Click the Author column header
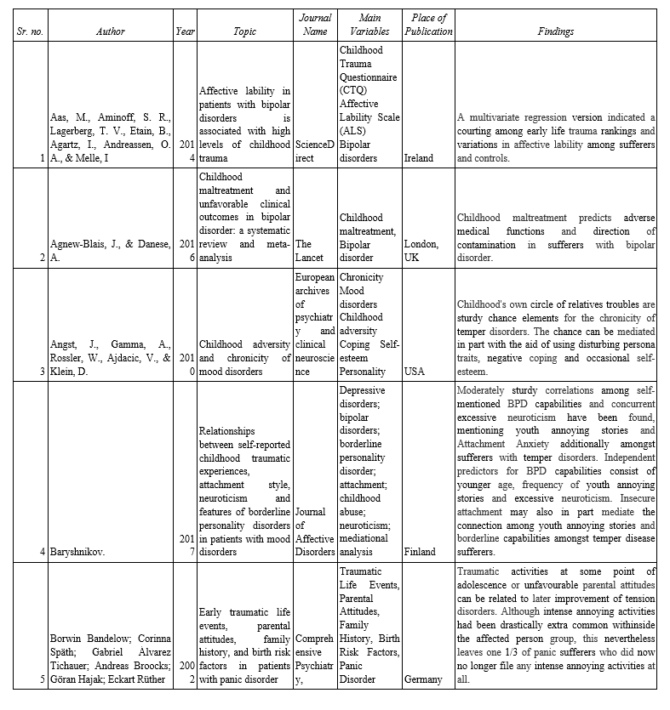click(110, 31)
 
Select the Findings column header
click(555, 31)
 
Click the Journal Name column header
click(314, 25)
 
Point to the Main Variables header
click(369, 25)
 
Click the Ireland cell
click(418, 158)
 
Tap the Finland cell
click(419, 551)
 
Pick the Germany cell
click(423, 679)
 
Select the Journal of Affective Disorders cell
click(314, 531)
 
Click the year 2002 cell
click(185, 673)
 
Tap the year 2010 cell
click(185, 365)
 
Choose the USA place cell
click(416, 372)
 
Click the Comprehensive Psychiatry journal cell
click(314, 660)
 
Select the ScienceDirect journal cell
click(314, 151)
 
